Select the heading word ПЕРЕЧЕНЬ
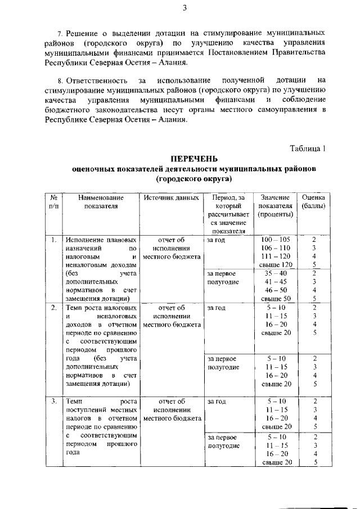coord(194,159)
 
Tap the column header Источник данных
coord(172,198)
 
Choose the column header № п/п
coord(53,202)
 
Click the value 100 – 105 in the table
coord(276,240)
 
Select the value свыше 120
coord(277,264)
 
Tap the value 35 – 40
coord(276,273)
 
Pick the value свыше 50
coord(277,298)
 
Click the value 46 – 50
coord(276,290)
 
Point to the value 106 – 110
coord(276,248)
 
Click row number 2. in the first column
coord(53,308)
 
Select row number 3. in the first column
coord(53,402)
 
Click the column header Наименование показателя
coord(101,202)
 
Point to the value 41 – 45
coord(276,282)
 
